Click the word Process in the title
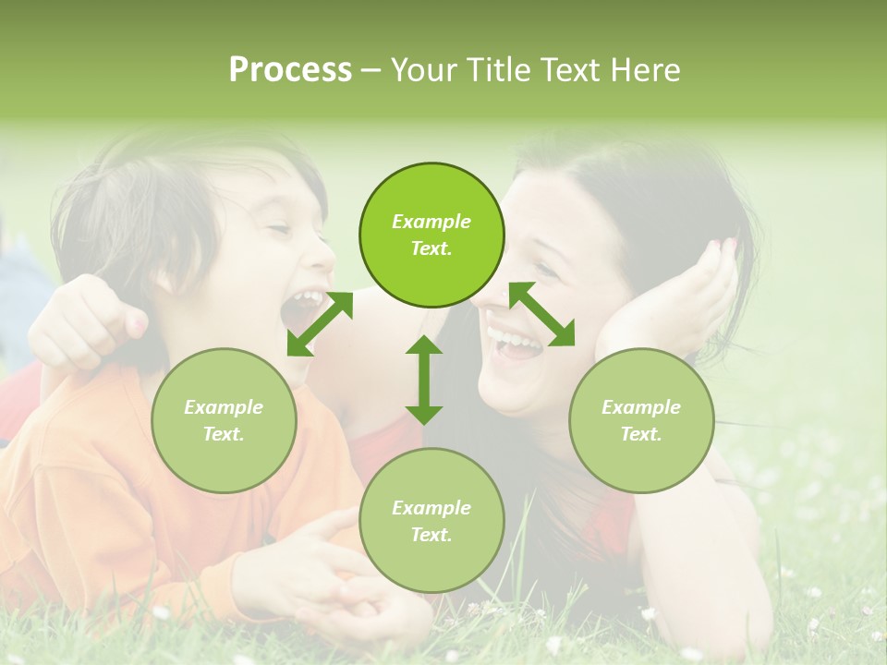(290, 70)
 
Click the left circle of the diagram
(224, 420)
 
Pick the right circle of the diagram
(641, 420)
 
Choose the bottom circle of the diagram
(431, 520)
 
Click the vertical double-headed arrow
(424, 380)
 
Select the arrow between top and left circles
(320, 323)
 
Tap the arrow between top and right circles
(541, 314)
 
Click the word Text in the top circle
(431, 248)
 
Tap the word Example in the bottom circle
(431, 507)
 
